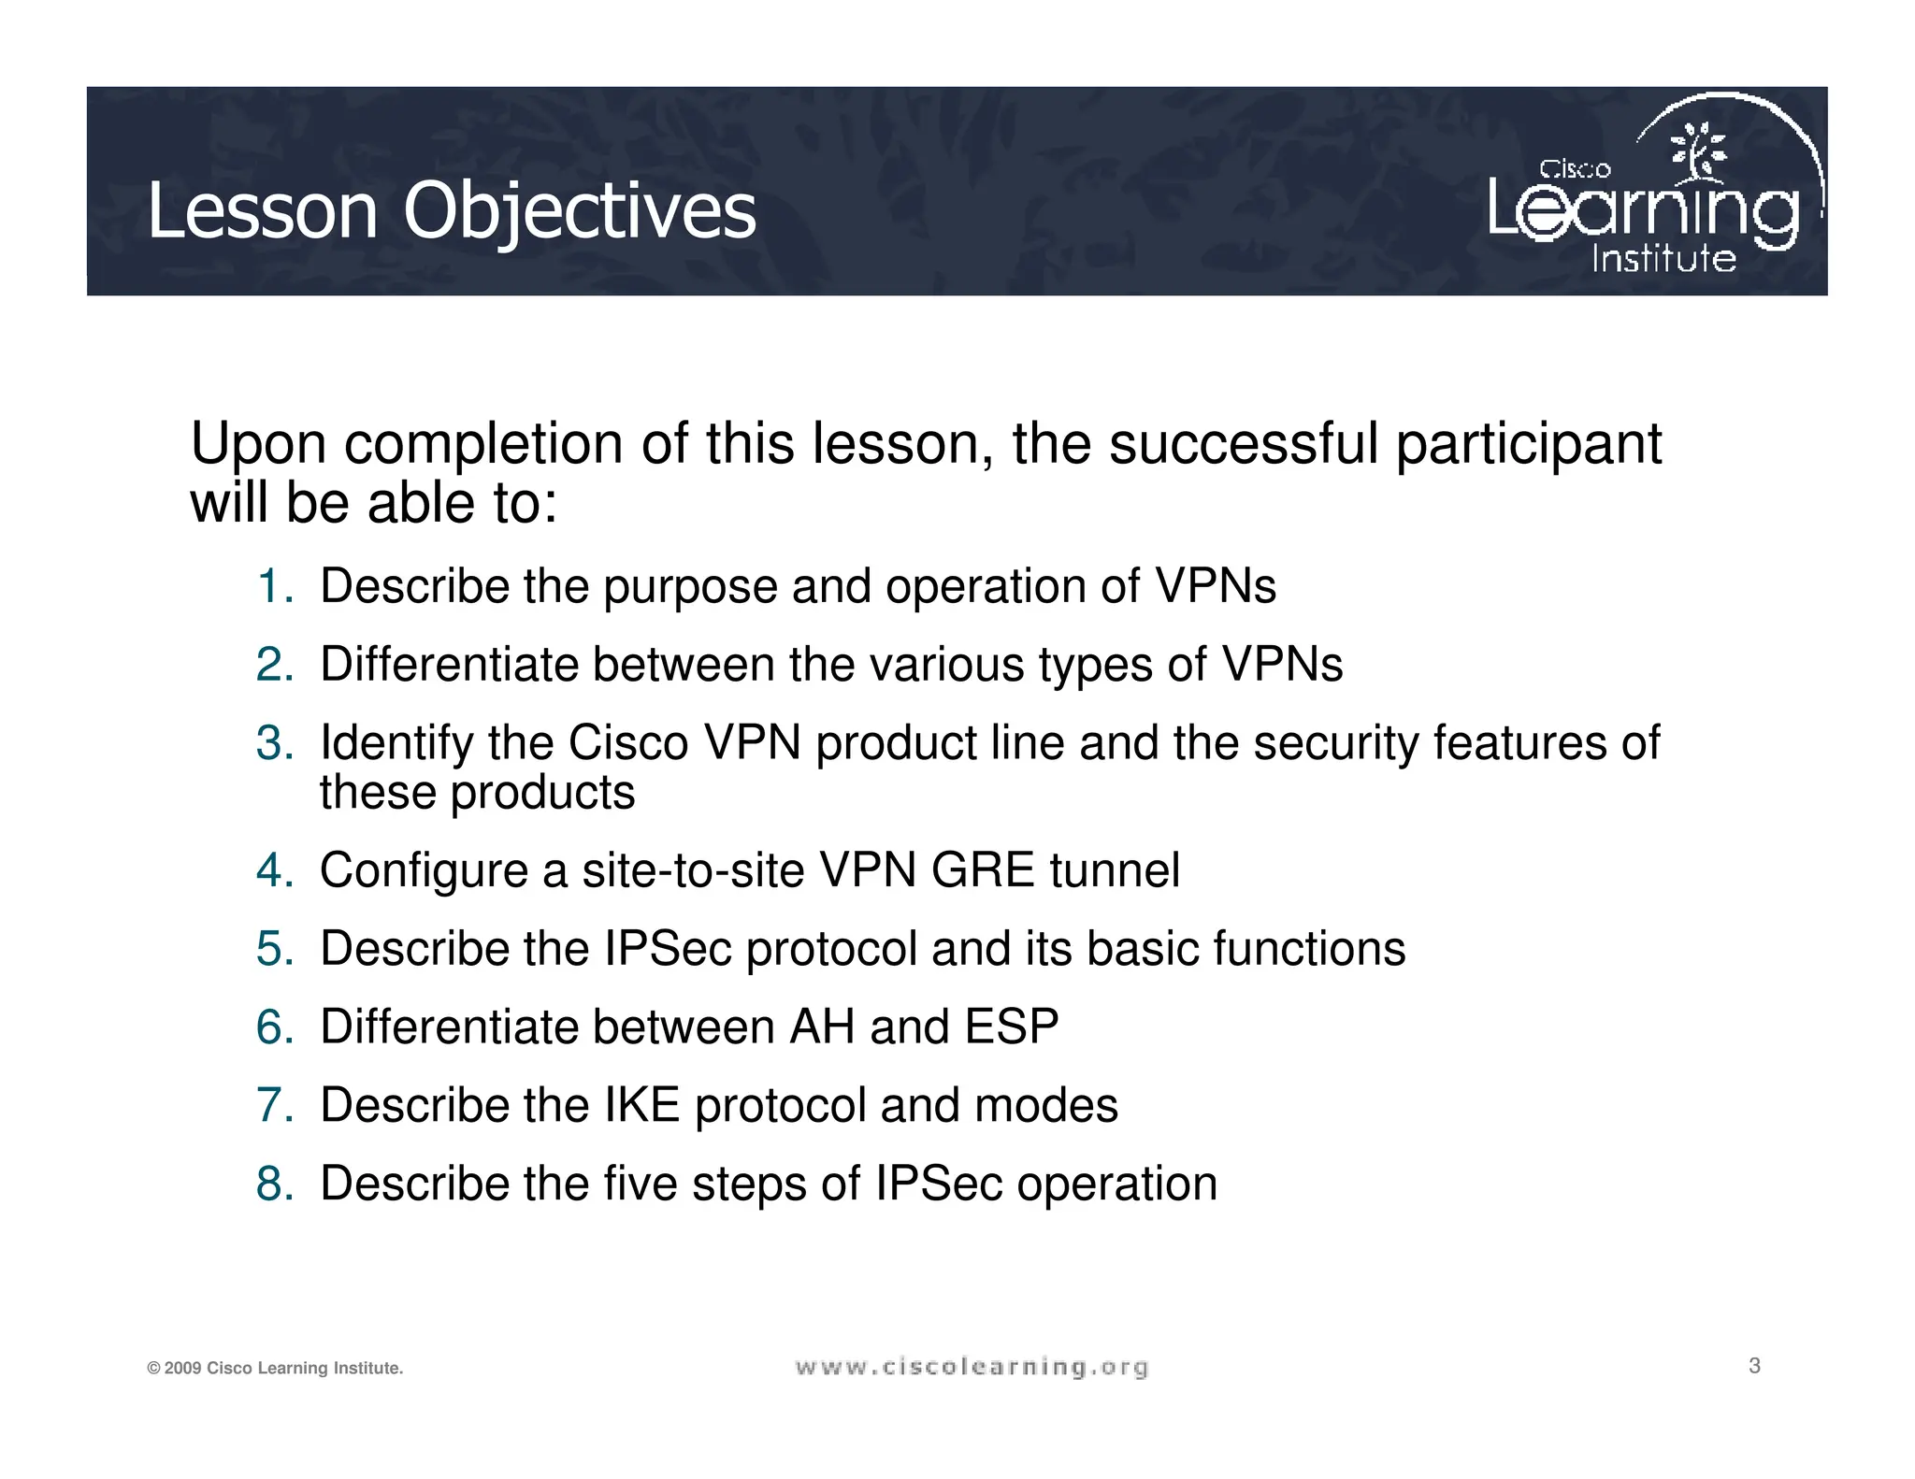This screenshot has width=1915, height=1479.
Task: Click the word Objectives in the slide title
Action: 579,211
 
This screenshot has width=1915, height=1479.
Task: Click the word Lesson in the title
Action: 263,211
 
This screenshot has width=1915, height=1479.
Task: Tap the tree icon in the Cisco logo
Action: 1698,152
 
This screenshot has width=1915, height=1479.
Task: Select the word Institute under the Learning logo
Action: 1663,259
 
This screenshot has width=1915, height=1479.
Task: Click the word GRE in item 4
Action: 983,870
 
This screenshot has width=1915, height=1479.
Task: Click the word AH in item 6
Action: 822,1027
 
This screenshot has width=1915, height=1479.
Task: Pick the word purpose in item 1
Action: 690,588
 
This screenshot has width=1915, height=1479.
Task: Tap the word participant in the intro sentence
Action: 1528,444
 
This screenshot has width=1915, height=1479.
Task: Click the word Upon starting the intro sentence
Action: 258,444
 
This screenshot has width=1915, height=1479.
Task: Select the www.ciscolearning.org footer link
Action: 972,1368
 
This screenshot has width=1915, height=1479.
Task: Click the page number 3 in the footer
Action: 1754,1366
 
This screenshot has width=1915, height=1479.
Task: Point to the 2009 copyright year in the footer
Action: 183,1369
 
